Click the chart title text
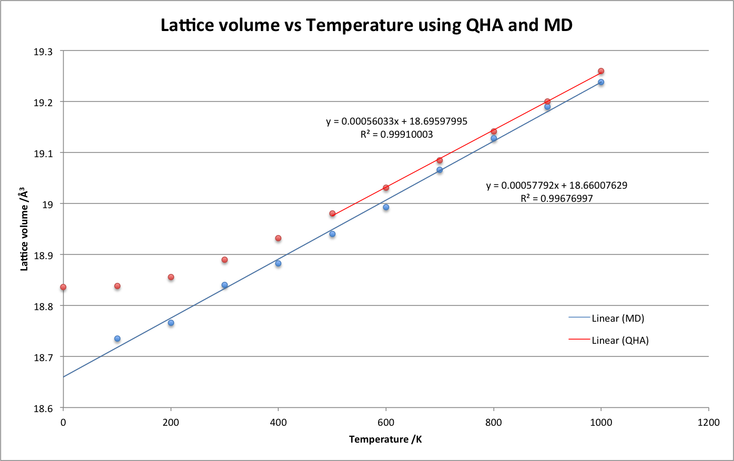(x=366, y=25)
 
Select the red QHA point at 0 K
(x=63, y=287)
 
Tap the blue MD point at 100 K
(x=117, y=339)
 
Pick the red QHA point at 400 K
(x=278, y=238)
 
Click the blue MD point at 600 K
(x=386, y=207)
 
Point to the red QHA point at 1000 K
(x=601, y=71)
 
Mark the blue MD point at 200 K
(x=171, y=323)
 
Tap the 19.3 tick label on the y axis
(x=43, y=52)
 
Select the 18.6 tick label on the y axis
(x=43, y=408)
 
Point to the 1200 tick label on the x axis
(x=709, y=422)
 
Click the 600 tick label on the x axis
(x=386, y=422)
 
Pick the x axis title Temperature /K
(x=385, y=439)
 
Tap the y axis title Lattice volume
(x=24, y=230)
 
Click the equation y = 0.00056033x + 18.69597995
(x=396, y=121)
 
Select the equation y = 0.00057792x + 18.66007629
(x=556, y=186)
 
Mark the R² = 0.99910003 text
(x=396, y=135)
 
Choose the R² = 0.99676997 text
(x=556, y=199)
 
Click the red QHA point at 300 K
(x=225, y=260)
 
